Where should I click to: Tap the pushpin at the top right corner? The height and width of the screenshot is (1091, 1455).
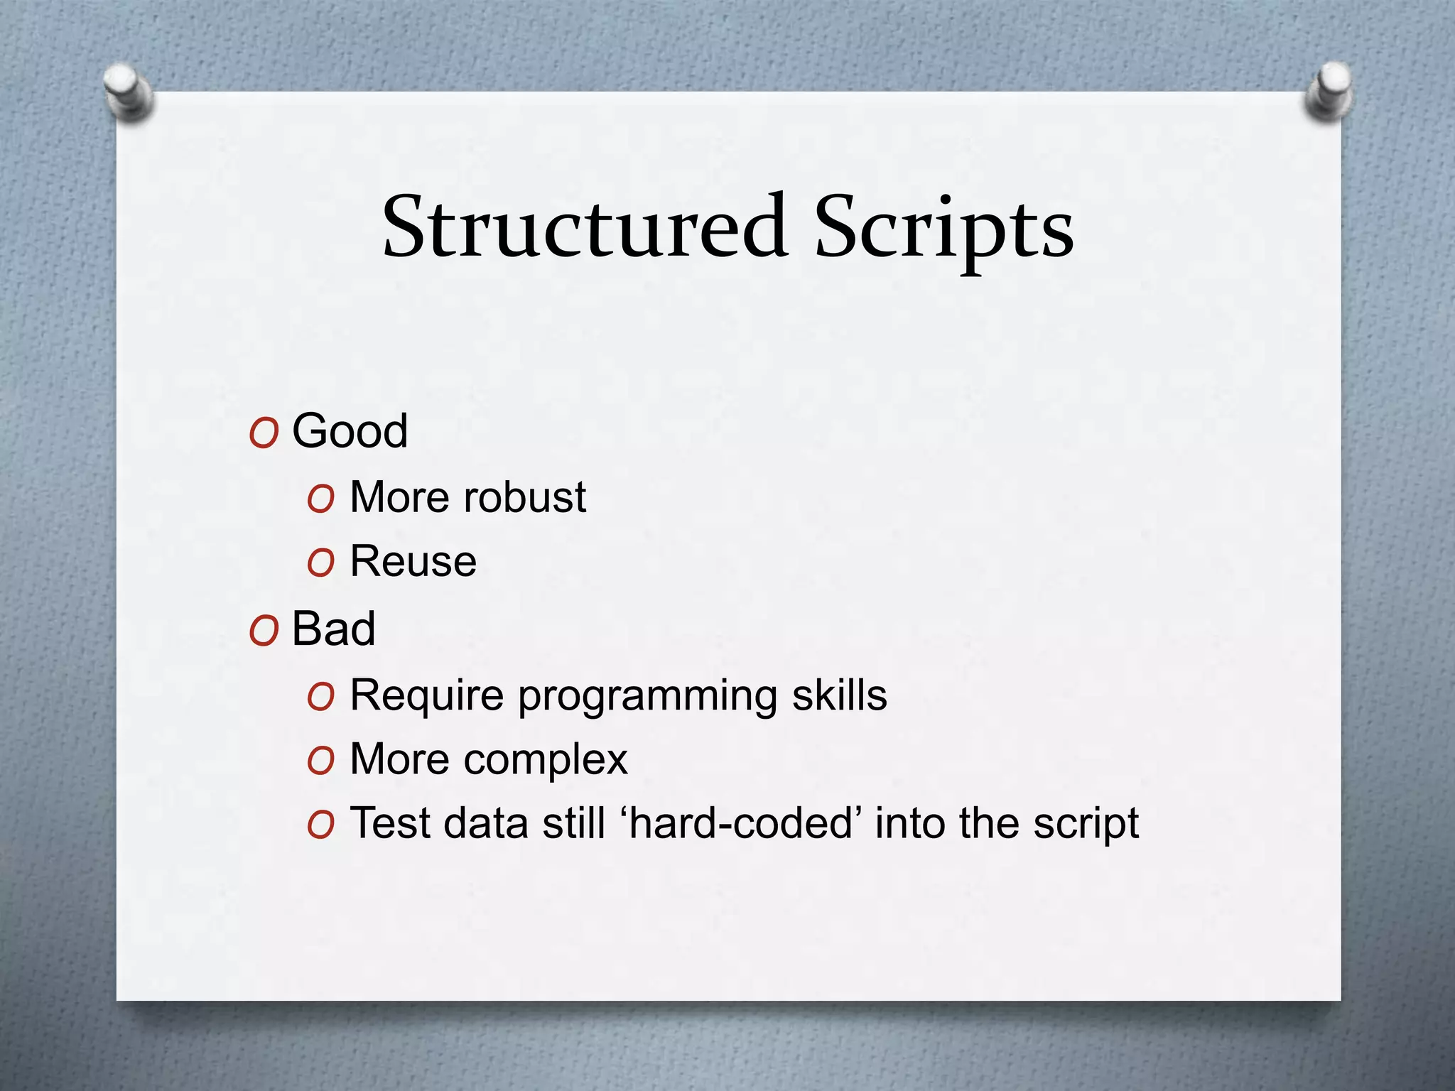coord(1328,91)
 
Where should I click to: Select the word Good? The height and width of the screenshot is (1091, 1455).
coord(350,430)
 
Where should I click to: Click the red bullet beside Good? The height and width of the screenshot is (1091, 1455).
coord(264,433)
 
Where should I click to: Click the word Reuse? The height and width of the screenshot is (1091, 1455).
coord(413,561)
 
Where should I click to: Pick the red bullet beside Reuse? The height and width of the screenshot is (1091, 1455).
coord(320,563)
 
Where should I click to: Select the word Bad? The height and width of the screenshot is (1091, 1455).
coord(333,629)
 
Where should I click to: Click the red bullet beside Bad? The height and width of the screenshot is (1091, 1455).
coord(264,631)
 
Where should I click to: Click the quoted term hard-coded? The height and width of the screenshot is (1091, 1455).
coord(740,823)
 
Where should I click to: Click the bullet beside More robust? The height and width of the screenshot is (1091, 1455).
coord(320,499)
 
